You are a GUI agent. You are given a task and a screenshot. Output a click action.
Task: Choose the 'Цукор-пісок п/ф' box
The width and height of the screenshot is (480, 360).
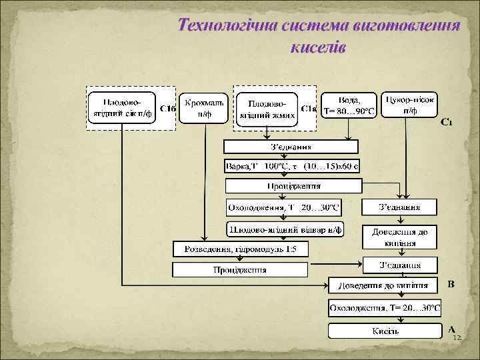pos(410,105)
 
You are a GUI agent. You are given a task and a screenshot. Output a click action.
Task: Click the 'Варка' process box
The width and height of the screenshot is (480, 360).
pos(292,165)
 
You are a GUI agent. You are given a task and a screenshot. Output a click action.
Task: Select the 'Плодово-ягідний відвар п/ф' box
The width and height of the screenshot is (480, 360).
pos(285,229)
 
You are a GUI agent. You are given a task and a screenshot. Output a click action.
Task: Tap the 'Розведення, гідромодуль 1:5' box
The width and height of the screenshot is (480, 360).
pos(241,250)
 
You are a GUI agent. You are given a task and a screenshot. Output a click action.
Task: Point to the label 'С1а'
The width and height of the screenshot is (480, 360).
pos(309,108)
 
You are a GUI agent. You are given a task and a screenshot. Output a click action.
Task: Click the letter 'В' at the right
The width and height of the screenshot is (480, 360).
pos(451,285)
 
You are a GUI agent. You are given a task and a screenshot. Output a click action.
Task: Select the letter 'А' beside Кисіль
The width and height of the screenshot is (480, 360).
pos(451,329)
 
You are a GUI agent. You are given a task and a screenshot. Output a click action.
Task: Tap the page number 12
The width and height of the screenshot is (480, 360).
pos(457,339)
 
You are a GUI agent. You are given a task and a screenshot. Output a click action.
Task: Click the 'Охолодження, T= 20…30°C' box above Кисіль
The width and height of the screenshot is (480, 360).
pos(385,308)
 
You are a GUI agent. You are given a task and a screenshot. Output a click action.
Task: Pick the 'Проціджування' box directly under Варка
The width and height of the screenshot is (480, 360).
pos(293,186)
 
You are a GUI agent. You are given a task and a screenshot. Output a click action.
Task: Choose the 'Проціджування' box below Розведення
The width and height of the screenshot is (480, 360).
pos(240,270)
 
